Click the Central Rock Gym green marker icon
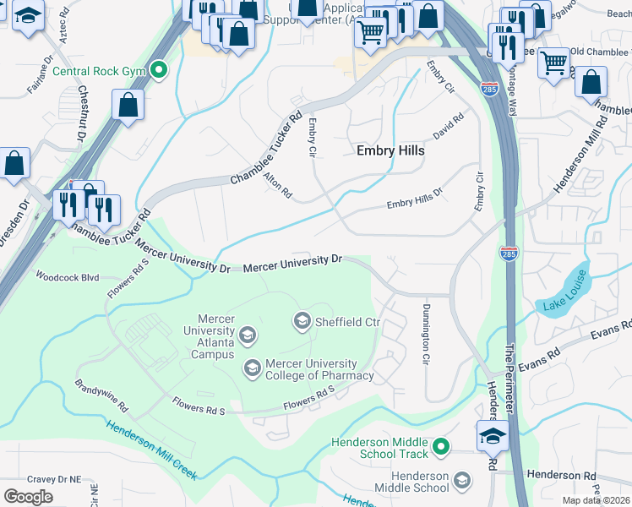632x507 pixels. [x=158, y=71]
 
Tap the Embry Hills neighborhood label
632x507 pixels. [x=390, y=150]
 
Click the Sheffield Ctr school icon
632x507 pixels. [x=302, y=321]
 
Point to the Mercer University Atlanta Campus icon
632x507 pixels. [x=248, y=336]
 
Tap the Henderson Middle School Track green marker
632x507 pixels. [x=439, y=446]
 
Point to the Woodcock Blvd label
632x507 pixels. [x=67, y=276]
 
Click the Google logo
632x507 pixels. [x=29, y=496]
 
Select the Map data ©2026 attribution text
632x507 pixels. [x=596, y=500]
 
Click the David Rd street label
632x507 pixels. [x=448, y=127]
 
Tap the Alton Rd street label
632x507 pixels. [x=277, y=186]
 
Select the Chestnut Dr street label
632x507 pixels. [x=83, y=113]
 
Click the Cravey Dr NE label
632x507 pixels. [x=52, y=479]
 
